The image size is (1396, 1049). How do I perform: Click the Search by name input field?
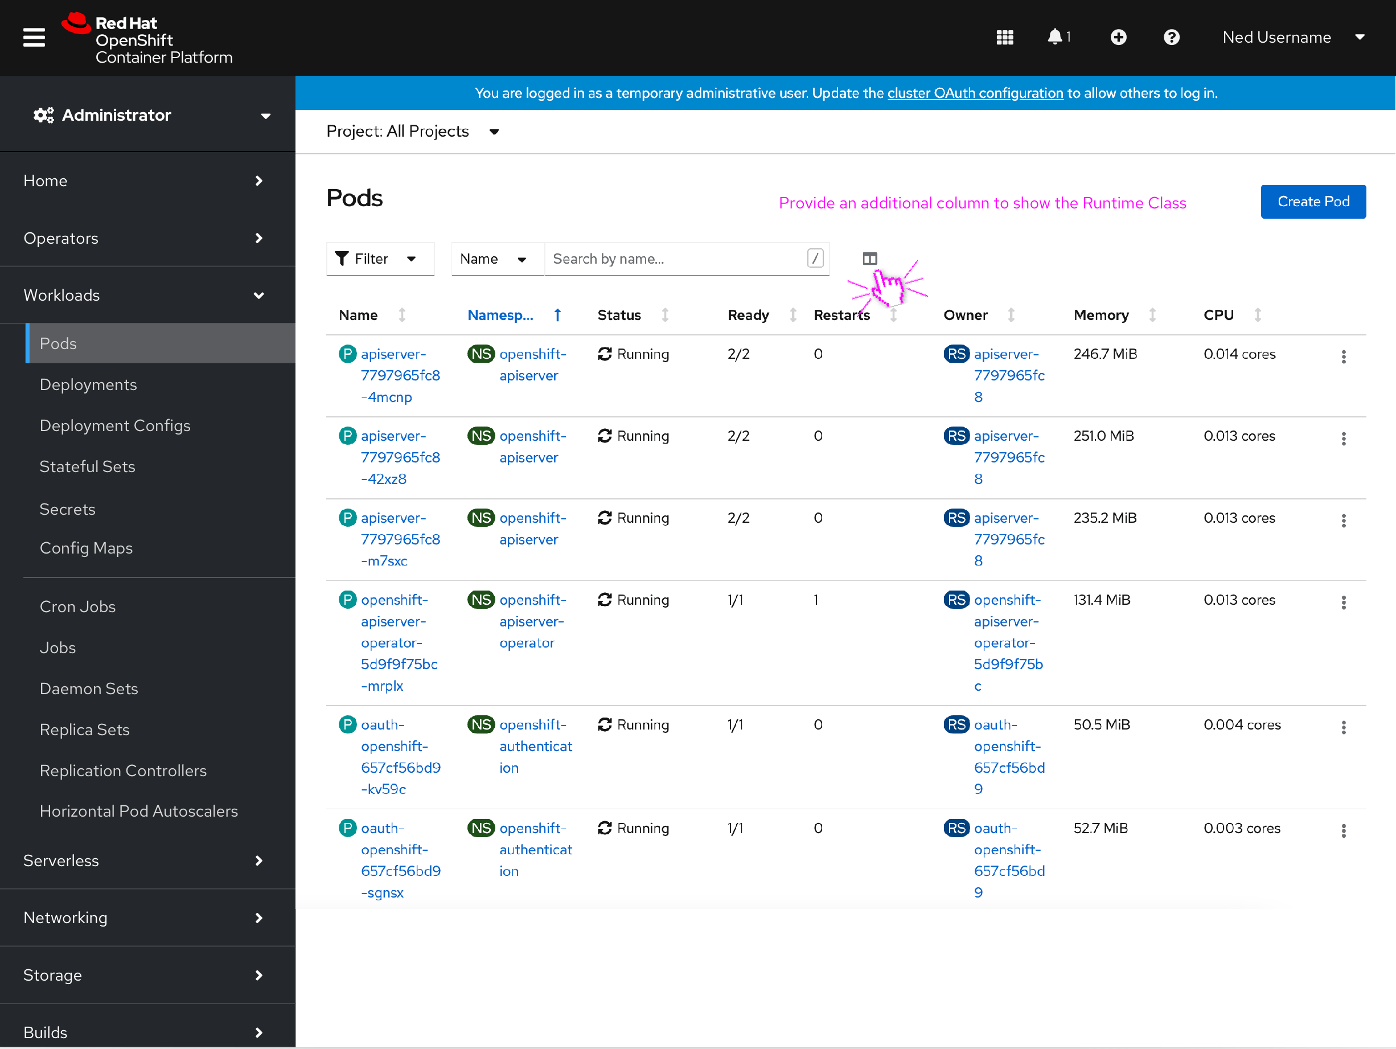[x=675, y=259]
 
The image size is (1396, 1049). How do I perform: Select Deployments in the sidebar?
[x=88, y=384]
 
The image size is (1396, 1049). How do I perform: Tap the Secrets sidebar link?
[x=67, y=509]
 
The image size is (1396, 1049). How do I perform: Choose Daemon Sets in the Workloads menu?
[x=88, y=688]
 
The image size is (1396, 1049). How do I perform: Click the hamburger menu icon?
[x=34, y=37]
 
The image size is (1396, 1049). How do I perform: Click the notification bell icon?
[x=1054, y=37]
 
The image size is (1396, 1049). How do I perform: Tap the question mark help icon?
[x=1171, y=37]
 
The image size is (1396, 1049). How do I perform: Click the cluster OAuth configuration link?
[x=975, y=93]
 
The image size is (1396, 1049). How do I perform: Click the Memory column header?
[x=1101, y=315]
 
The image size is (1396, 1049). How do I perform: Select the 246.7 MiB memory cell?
[x=1105, y=354]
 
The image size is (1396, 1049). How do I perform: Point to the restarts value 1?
[x=815, y=600]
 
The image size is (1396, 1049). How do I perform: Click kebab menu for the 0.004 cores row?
[x=1343, y=727]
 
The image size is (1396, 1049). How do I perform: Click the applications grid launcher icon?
[x=1004, y=37]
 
